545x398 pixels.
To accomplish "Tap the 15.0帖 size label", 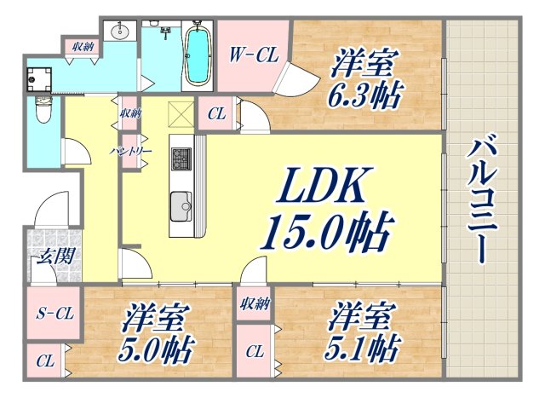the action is click(327, 232).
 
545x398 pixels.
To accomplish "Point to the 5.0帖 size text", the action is click(155, 349).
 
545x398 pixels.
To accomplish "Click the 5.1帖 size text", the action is click(361, 349).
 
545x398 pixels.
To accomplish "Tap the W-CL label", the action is click(254, 55).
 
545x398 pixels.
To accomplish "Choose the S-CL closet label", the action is click(55, 314).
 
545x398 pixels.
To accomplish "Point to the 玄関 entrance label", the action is click(56, 257).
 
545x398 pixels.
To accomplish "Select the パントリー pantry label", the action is click(131, 152).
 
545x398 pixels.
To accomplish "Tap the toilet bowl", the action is click(43, 110).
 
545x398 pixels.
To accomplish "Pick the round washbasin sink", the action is click(121, 32).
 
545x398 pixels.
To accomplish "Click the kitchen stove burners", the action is click(181, 159).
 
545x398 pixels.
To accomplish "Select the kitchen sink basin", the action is click(181, 206).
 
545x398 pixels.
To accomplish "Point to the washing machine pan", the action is click(39, 79).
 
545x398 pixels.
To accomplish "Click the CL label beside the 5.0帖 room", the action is click(46, 361).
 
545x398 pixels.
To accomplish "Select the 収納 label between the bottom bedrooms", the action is click(255, 304).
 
